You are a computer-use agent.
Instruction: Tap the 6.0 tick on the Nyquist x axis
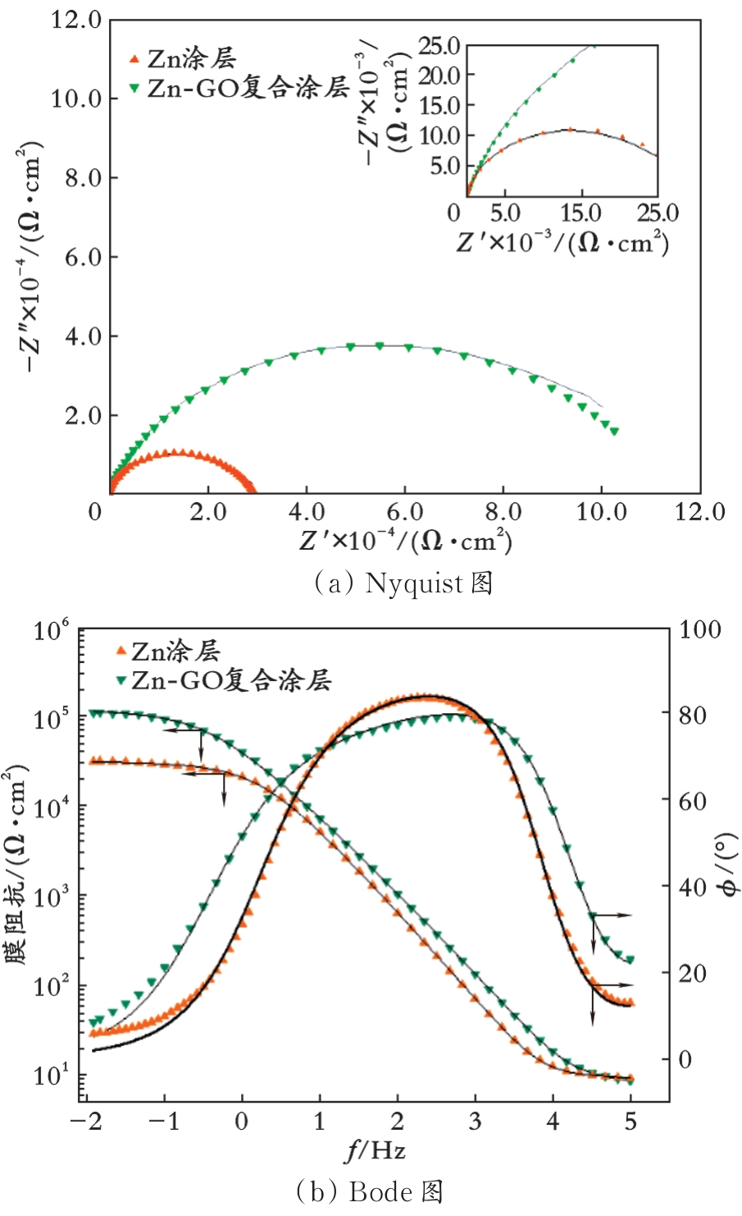coord(404,512)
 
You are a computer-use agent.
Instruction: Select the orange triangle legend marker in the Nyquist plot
coord(134,59)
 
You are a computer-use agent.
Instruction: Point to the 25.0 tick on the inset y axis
coord(439,46)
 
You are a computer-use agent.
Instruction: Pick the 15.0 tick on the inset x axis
coord(580,213)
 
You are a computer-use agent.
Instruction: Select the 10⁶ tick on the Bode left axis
coord(51,631)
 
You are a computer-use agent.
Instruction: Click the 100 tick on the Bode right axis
coord(699,630)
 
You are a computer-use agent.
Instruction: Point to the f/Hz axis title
coord(374,1151)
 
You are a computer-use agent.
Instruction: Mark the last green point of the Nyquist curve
coord(614,432)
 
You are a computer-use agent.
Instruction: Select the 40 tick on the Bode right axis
coord(693,886)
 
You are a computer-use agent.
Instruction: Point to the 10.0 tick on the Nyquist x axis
coord(601,512)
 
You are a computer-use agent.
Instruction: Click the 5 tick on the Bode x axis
coord(630,1122)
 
